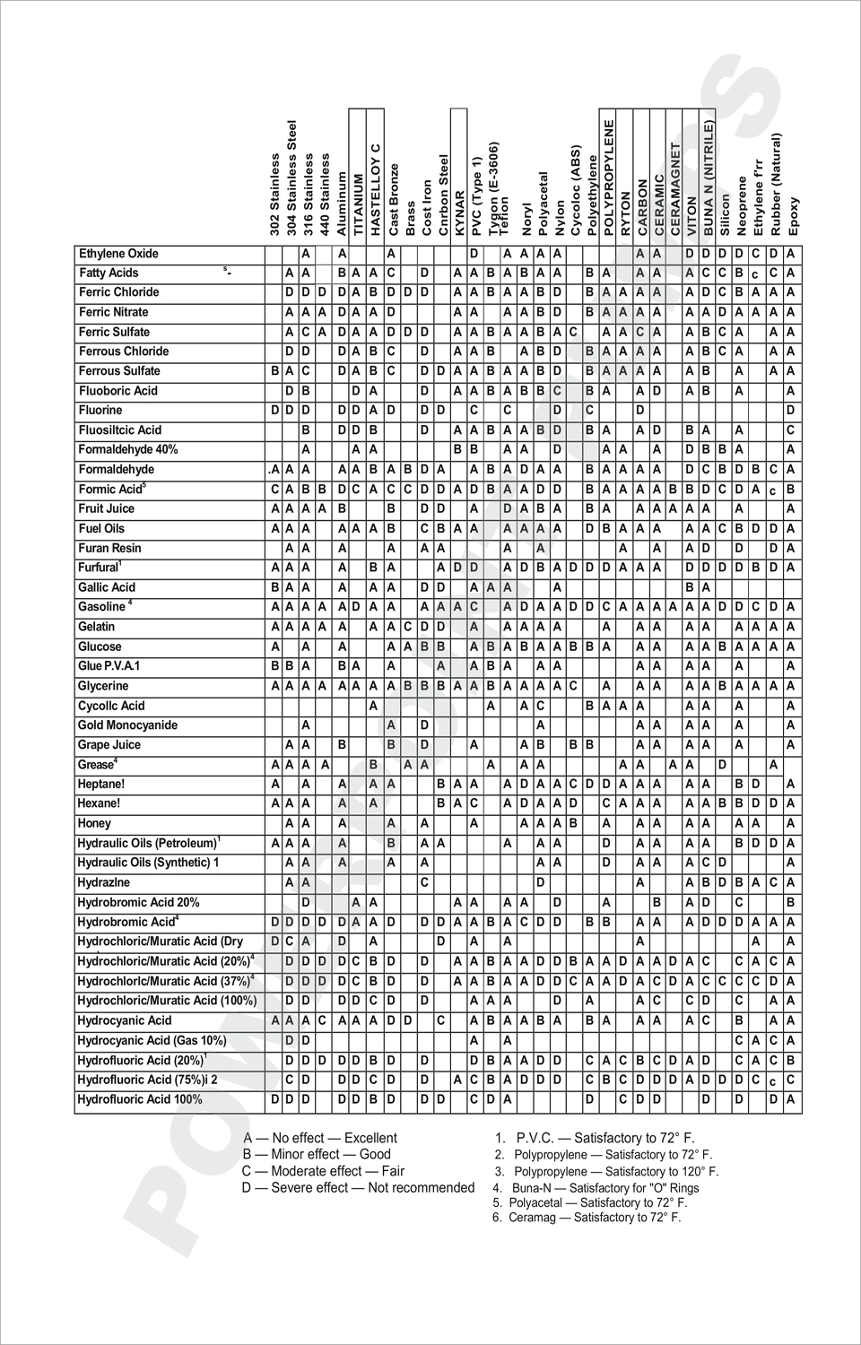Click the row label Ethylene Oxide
[118, 254]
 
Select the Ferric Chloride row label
[119, 292]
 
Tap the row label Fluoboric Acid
[118, 391]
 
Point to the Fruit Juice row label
[107, 508]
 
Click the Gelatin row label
[97, 627]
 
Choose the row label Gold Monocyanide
[127, 725]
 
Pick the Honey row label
[94, 823]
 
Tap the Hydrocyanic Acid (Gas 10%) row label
[152, 1040]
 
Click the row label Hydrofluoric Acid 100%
[140, 1099]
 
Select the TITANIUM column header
[358, 204]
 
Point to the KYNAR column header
[459, 213]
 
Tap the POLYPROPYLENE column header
[609, 178]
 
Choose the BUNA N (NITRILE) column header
[708, 178]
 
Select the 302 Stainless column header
[274, 195]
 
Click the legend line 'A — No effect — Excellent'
[320, 1138]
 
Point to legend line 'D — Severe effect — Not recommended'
[358, 1187]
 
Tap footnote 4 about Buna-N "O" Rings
[596, 1188]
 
